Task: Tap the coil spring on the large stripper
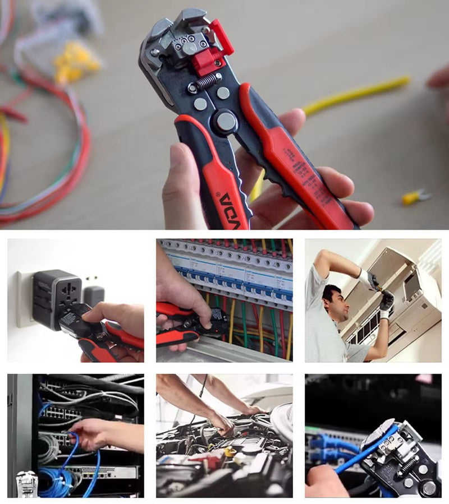pyautogui.click(x=208, y=82)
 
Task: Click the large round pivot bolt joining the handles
pyautogui.click(x=225, y=121)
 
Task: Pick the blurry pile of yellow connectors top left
pyautogui.click(x=76, y=62)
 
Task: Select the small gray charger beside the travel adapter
pyautogui.click(x=93, y=295)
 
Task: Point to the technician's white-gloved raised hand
pyautogui.click(x=367, y=278)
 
